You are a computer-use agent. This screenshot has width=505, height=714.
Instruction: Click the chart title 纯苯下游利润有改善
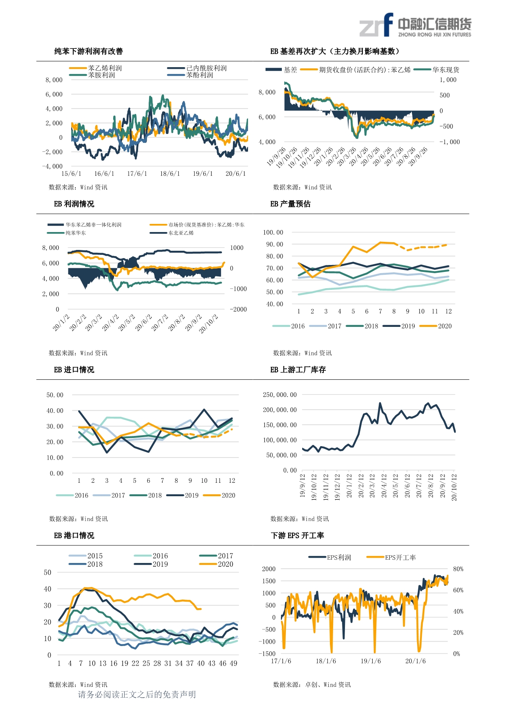coord(88,51)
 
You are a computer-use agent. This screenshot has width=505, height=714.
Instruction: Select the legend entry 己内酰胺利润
coord(206,68)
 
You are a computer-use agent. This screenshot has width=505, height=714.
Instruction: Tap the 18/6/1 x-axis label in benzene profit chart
coord(170,174)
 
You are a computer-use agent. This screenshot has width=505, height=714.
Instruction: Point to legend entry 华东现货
coord(446,70)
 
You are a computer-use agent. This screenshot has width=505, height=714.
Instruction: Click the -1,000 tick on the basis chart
coord(449,142)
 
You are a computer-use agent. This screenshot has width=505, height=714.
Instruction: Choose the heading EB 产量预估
coord(290,204)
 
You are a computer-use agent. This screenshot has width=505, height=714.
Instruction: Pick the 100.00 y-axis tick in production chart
coord(273,232)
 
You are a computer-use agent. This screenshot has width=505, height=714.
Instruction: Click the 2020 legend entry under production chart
coord(444,326)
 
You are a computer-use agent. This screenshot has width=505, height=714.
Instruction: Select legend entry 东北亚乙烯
coord(181,233)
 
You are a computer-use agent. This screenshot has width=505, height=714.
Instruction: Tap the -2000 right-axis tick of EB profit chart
coord(238,309)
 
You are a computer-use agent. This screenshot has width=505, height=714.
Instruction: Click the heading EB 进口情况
coord(74,370)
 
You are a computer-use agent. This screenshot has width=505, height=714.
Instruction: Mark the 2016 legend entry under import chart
coord(81,495)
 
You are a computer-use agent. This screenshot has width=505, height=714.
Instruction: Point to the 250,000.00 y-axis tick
coord(280,395)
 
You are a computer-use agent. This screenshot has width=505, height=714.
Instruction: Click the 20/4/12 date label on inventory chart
coord(384,486)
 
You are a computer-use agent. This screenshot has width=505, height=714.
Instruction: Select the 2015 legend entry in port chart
coord(94,556)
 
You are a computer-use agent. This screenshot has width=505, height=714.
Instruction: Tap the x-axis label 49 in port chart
coord(233,664)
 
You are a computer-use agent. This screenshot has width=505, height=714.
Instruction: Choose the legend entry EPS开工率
coord(400,558)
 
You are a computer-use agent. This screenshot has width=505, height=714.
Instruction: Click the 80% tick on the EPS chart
coord(458,569)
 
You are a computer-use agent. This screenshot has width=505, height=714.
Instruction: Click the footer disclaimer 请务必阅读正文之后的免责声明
coord(137,694)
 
